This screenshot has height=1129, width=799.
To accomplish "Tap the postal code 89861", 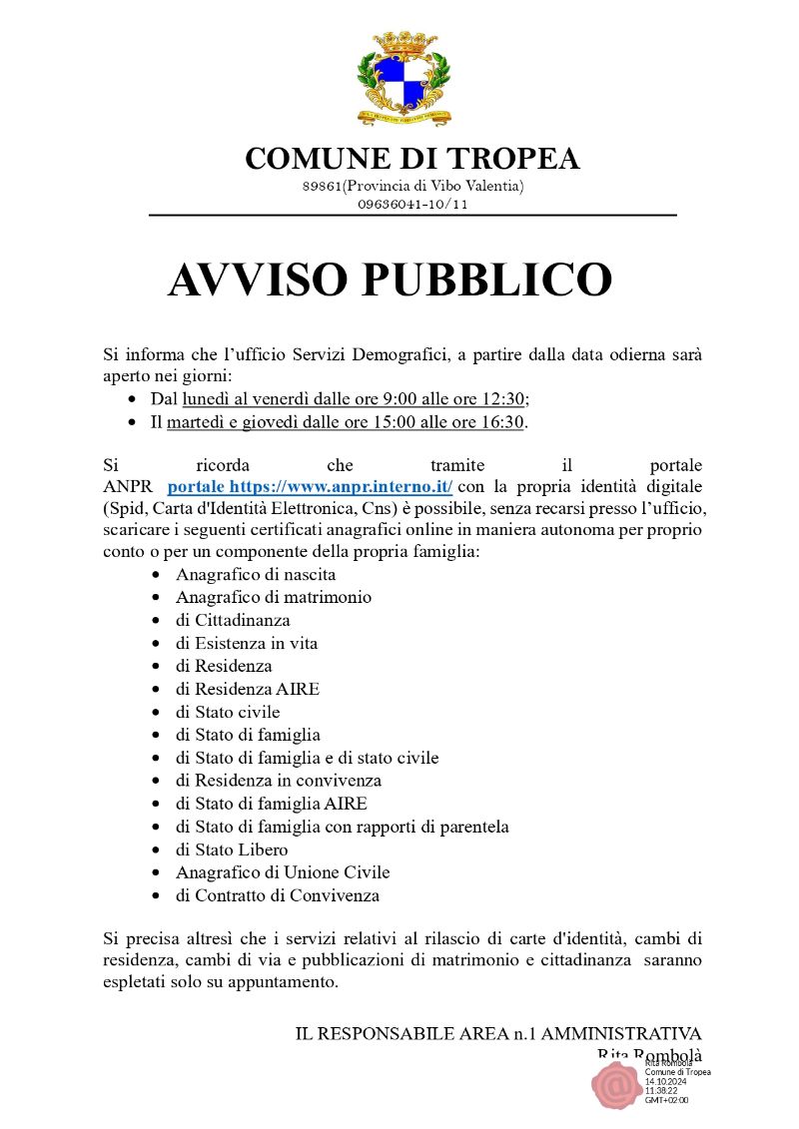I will (x=322, y=187).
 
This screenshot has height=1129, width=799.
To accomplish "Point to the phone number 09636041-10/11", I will (x=412, y=205).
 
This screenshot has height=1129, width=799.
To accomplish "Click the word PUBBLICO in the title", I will (x=484, y=281).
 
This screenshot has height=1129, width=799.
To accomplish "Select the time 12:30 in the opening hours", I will (x=504, y=399).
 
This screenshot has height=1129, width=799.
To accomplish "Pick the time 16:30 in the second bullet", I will (x=503, y=422).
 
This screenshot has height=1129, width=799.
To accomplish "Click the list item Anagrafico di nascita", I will (x=256, y=575).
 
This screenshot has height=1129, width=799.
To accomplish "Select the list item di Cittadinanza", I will (x=233, y=621).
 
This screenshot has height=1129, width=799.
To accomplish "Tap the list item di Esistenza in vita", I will (x=247, y=644).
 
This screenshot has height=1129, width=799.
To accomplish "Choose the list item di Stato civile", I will (x=228, y=713).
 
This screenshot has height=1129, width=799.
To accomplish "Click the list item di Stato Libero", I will (x=232, y=850).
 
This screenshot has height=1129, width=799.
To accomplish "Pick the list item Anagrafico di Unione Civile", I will (x=283, y=872).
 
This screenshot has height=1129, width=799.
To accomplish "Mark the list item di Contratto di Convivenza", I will (x=278, y=895).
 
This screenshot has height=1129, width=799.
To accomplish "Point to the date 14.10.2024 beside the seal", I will (x=666, y=1081).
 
